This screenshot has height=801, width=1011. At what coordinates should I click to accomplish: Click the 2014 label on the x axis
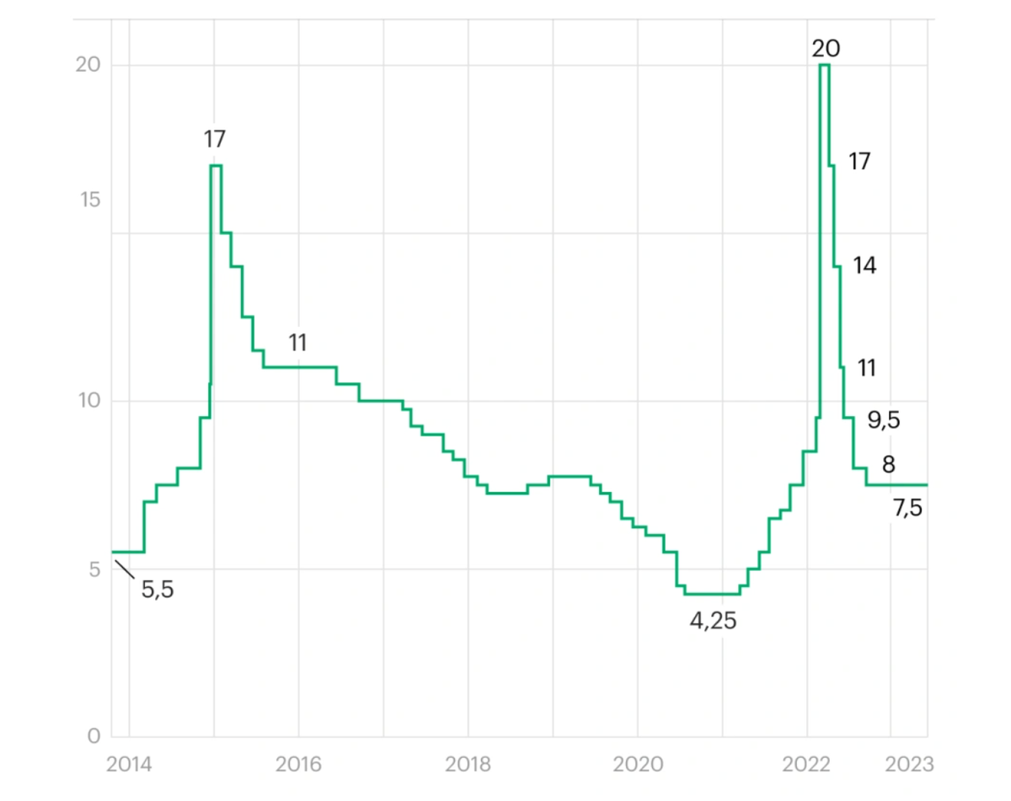pyautogui.click(x=130, y=764)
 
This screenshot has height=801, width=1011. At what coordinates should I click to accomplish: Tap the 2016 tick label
pyautogui.click(x=298, y=764)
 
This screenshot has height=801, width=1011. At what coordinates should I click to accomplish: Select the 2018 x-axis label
pyautogui.click(x=468, y=764)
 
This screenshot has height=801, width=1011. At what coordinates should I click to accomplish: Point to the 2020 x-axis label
pyautogui.click(x=638, y=764)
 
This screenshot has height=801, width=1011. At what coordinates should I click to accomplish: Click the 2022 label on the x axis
pyautogui.click(x=807, y=764)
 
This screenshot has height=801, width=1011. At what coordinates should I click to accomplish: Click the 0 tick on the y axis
pyautogui.click(x=94, y=737)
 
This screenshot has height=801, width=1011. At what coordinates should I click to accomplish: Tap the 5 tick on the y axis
pyautogui.click(x=94, y=569)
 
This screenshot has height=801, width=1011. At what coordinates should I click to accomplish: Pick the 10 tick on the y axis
pyautogui.click(x=89, y=401)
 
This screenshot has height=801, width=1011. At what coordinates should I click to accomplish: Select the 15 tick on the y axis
pyautogui.click(x=88, y=200)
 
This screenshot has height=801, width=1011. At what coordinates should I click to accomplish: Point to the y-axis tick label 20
pyautogui.click(x=88, y=66)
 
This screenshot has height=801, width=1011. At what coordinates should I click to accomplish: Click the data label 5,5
pyautogui.click(x=158, y=590)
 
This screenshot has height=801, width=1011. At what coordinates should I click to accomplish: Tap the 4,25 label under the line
pyautogui.click(x=714, y=622)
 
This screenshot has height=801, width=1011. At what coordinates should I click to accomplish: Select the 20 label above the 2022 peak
pyautogui.click(x=826, y=49)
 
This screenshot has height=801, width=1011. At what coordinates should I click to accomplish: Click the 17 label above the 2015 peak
pyautogui.click(x=215, y=139)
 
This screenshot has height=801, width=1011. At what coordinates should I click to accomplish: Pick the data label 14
pyautogui.click(x=864, y=266)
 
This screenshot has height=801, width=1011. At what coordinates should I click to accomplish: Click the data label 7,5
pyautogui.click(x=907, y=508)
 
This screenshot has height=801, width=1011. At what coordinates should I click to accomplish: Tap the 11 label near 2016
pyautogui.click(x=297, y=343)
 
